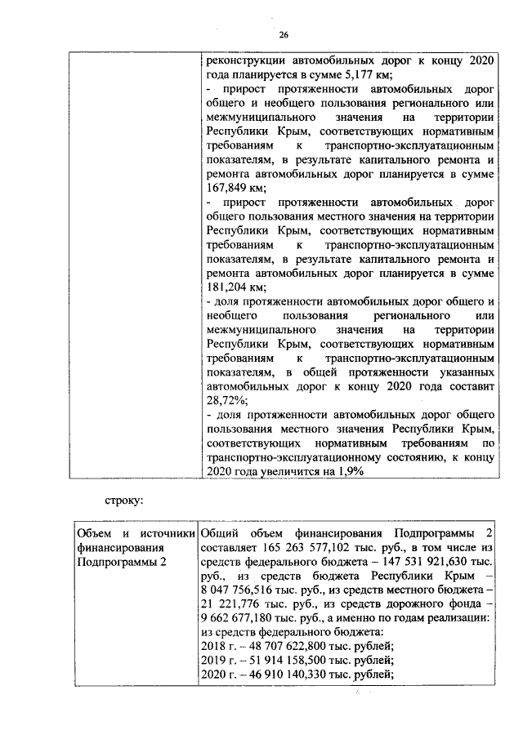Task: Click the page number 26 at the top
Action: (x=284, y=34)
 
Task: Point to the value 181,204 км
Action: (x=231, y=287)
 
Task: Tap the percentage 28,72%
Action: (x=224, y=401)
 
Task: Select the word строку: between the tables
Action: (x=123, y=497)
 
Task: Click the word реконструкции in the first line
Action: (x=244, y=59)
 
